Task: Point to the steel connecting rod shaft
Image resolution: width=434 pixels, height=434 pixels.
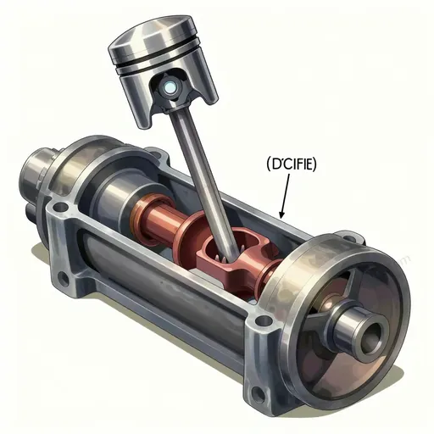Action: (x=203, y=183)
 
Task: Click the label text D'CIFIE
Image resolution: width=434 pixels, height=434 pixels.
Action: (x=292, y=164)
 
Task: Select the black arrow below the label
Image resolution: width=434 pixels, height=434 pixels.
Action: (x=285, y=196)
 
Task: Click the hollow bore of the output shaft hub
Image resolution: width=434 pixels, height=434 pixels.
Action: (x=371, y=337)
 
